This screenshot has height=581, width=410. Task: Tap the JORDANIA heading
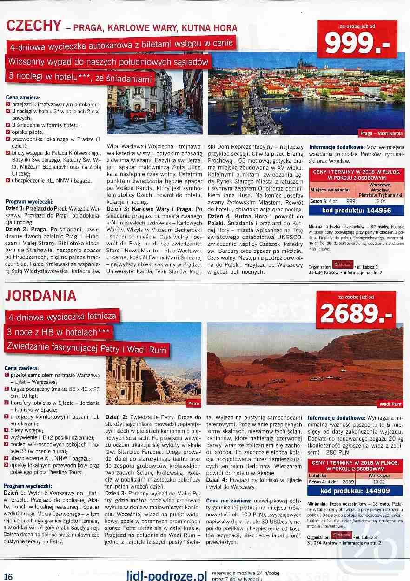(x=42, y=296)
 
